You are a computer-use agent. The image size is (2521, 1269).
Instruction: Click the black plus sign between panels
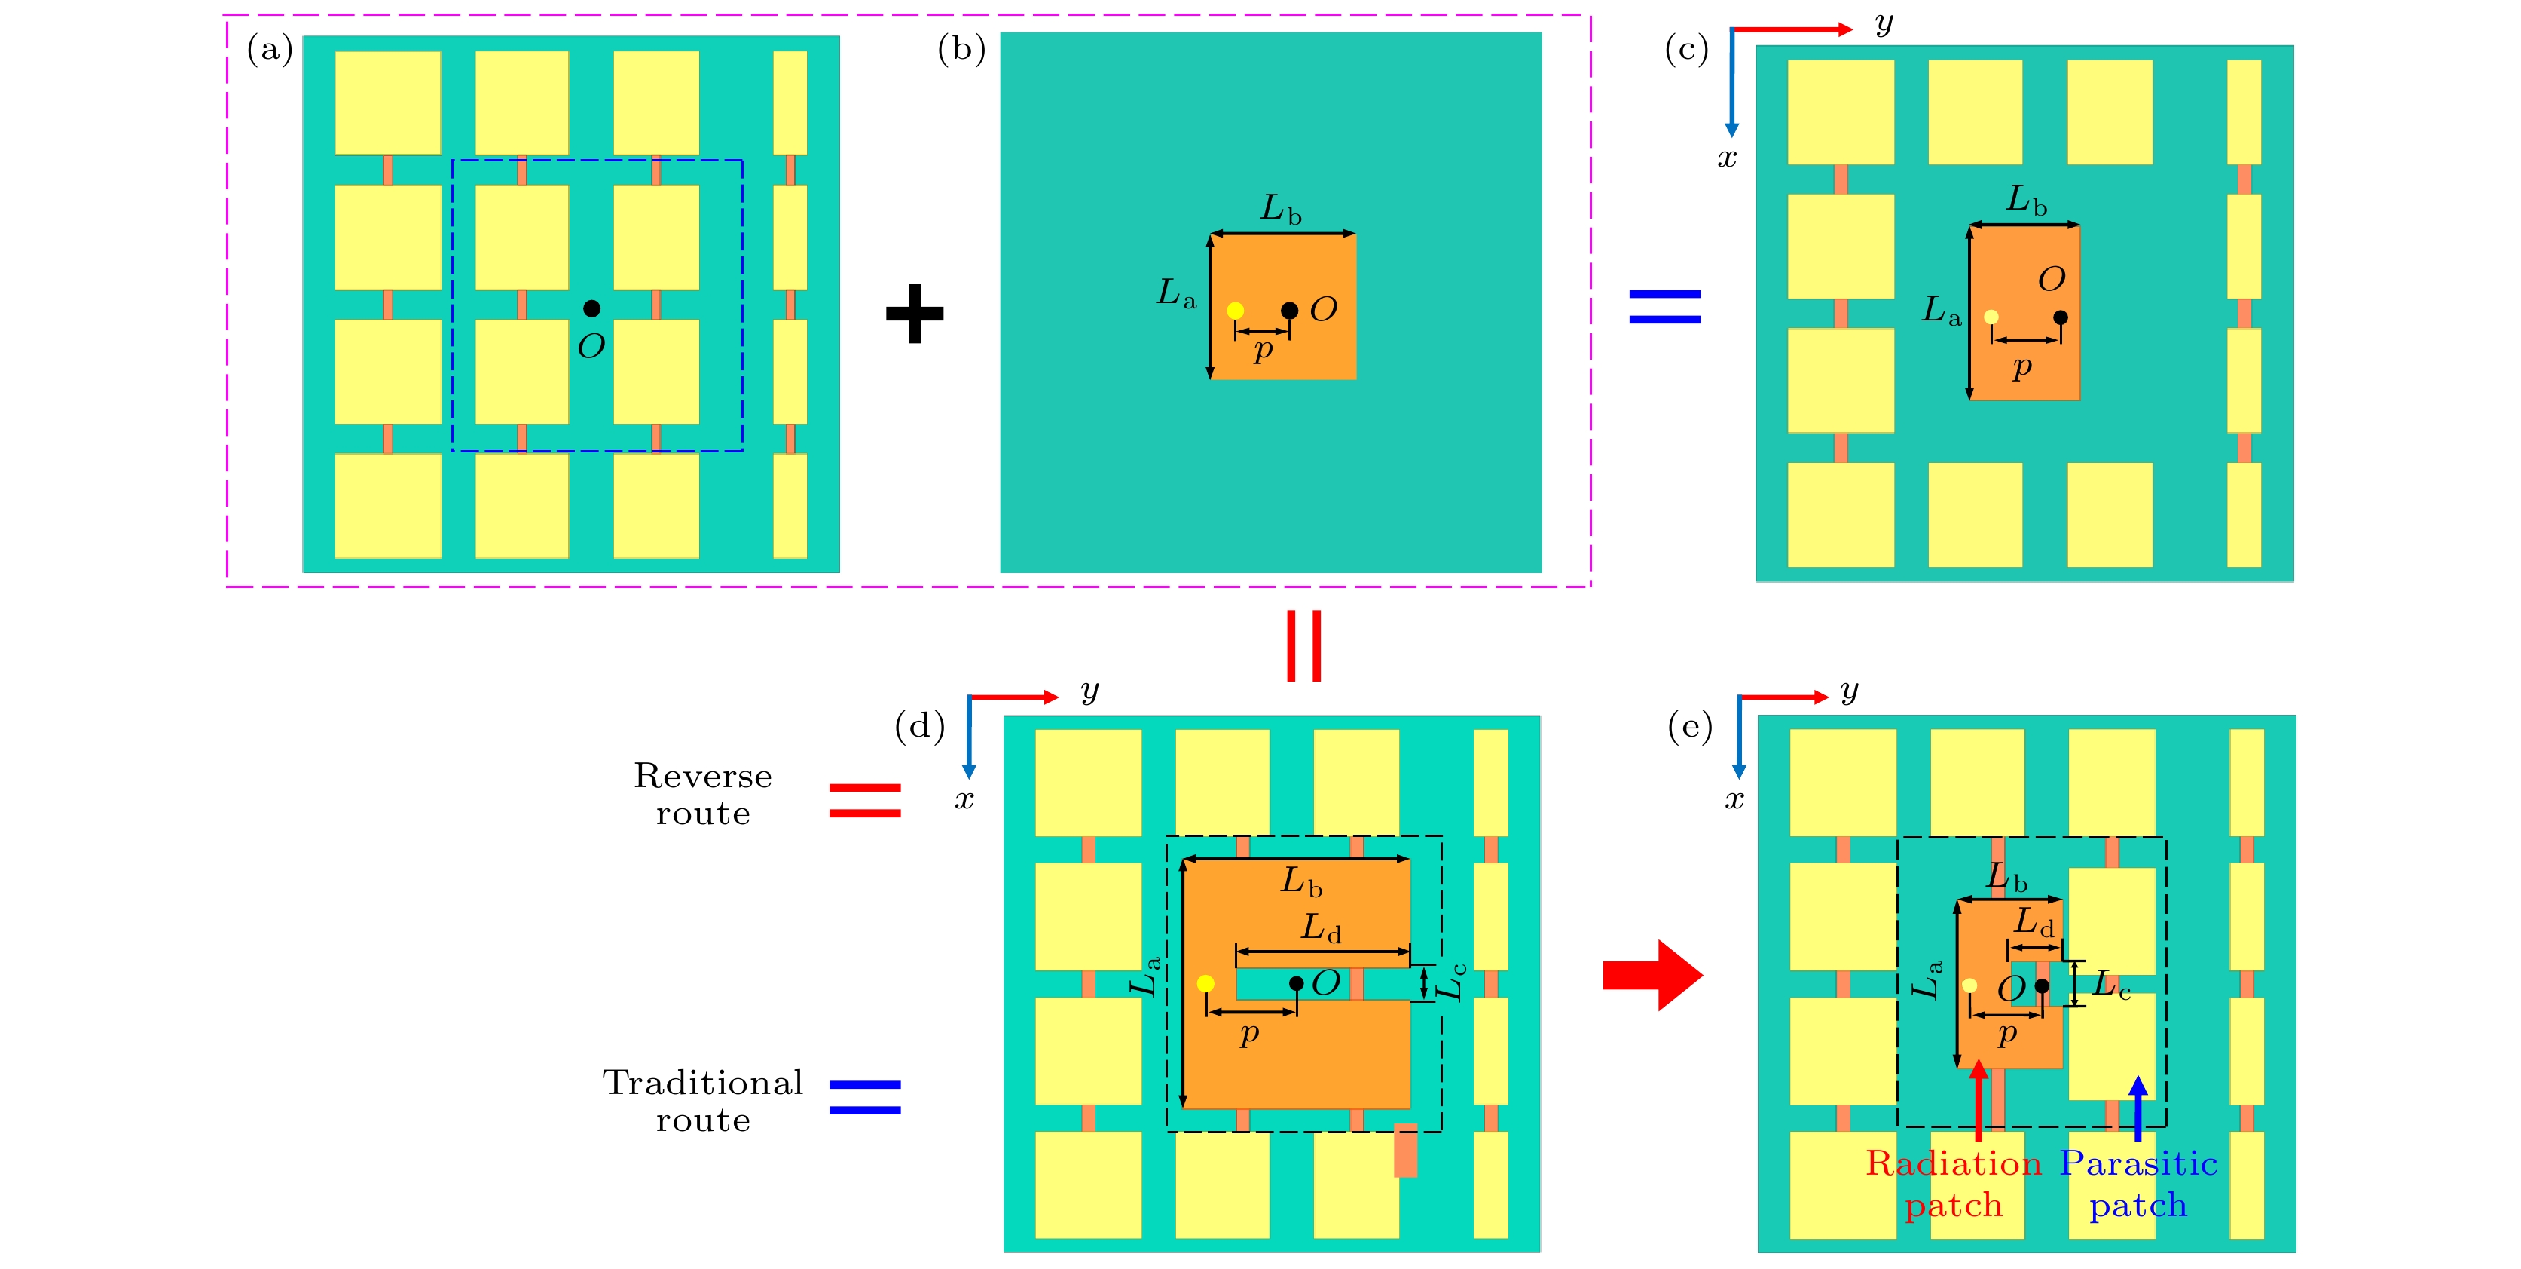(914, 314)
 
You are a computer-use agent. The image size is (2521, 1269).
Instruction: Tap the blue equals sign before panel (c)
(1664, 305)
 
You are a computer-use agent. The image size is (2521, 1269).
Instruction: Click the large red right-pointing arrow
(1653, 974)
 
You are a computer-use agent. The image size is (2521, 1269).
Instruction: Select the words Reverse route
(703, 794)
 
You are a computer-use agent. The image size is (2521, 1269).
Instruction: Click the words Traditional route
(703, 1101)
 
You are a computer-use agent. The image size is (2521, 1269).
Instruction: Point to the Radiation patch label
(1954, 1184)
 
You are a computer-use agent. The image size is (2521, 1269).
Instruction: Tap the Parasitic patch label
(2138, 1184)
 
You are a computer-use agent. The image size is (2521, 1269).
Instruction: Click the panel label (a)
(270, 49)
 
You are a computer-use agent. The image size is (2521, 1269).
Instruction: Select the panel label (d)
(919, 727)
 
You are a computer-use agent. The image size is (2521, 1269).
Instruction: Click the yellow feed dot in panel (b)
(1235, 311)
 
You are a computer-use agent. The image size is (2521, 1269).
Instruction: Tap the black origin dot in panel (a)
(591, 308)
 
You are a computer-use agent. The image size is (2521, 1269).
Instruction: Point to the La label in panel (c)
(1942, 311)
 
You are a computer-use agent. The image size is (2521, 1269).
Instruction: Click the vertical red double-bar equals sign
(1303, 645)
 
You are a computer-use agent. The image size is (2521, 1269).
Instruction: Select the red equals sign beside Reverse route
(864, 800)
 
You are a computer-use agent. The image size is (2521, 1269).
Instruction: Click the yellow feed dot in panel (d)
(1205, 983)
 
